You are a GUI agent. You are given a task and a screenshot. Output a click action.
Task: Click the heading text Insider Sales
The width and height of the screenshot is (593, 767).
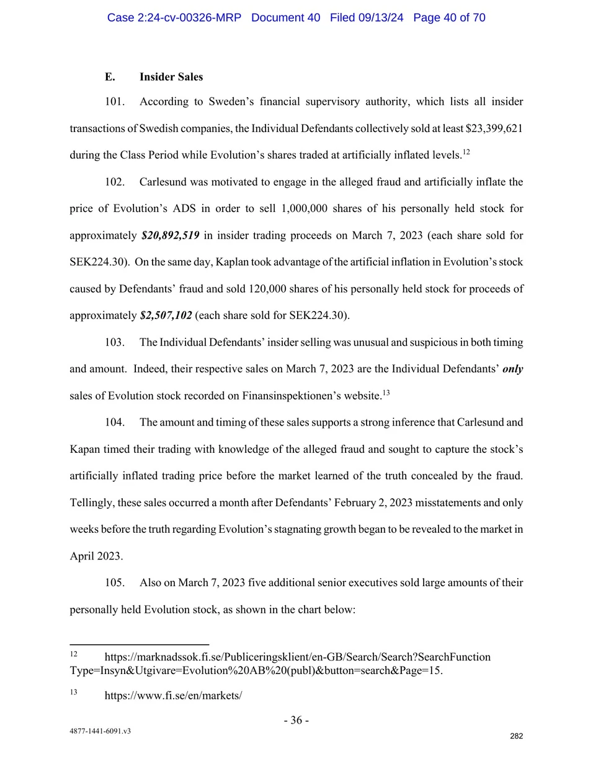(x=171, y=77)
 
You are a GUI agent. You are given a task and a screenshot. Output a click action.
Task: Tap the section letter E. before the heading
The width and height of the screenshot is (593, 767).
(x=110, y=77)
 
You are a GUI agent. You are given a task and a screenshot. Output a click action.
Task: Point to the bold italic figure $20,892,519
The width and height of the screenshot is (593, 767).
(x=171, y=235)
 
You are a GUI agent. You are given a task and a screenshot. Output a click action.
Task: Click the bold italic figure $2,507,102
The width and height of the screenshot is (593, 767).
(x=166, y=315)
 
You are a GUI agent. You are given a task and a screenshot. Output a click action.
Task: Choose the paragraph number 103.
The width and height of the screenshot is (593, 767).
(x=115, y=342)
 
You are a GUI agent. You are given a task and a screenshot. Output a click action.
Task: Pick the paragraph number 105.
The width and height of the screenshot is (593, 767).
(x=115, y=582)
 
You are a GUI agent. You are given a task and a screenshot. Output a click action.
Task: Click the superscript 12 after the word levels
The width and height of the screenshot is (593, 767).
(x=466, y=152)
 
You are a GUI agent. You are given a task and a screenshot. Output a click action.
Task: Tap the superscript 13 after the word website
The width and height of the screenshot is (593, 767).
(x=386, y=392)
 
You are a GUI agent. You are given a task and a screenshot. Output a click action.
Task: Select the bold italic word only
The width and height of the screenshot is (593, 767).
(x=512, y=369)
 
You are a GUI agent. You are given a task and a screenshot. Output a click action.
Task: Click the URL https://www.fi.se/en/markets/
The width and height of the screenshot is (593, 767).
(x=173, y=695)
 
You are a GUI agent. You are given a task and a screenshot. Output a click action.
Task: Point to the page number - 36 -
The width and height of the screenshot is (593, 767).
(x=296, y=720)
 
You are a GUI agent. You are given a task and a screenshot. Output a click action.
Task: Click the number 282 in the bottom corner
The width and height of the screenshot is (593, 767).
(x=517, y=736)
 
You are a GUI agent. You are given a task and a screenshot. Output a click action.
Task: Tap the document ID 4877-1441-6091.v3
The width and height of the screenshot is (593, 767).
(x=100, y=731)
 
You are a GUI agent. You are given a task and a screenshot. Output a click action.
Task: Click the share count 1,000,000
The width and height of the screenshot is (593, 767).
(x=304, y=208)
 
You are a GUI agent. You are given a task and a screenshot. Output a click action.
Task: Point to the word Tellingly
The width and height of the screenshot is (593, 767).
(x=91, y=502)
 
